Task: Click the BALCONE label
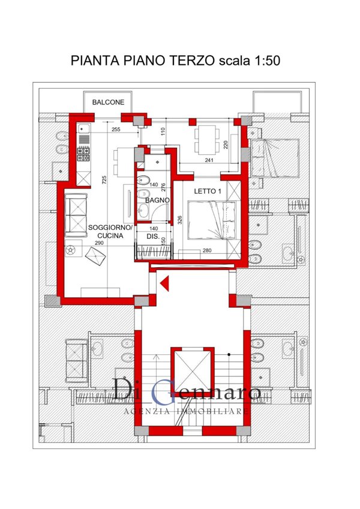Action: point(108,102)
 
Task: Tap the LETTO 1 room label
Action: point(208,191)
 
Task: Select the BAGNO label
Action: point(157,200)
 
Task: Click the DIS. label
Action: point(153,236)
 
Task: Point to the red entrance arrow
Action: point(164,283)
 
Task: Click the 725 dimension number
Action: point(104,180)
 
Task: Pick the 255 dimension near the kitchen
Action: point(116,130)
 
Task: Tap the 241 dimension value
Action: point(209,160)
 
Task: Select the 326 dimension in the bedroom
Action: point(180,220)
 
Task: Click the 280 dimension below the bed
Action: point(207,250)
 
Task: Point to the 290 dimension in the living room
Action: point(99,243)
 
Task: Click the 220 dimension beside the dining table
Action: point(226,144)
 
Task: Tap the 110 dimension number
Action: point(163,131)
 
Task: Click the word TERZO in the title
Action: point(192,61)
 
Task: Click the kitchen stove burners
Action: point(83,154)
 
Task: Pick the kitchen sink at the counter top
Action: point(83,128)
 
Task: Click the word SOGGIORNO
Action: point(110,228)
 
